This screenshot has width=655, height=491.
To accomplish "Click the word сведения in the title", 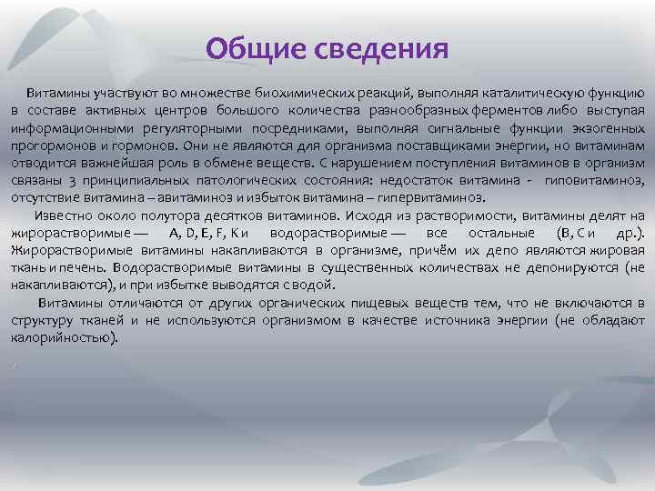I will [381, 48].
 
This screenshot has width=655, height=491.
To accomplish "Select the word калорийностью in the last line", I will [63, 337].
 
